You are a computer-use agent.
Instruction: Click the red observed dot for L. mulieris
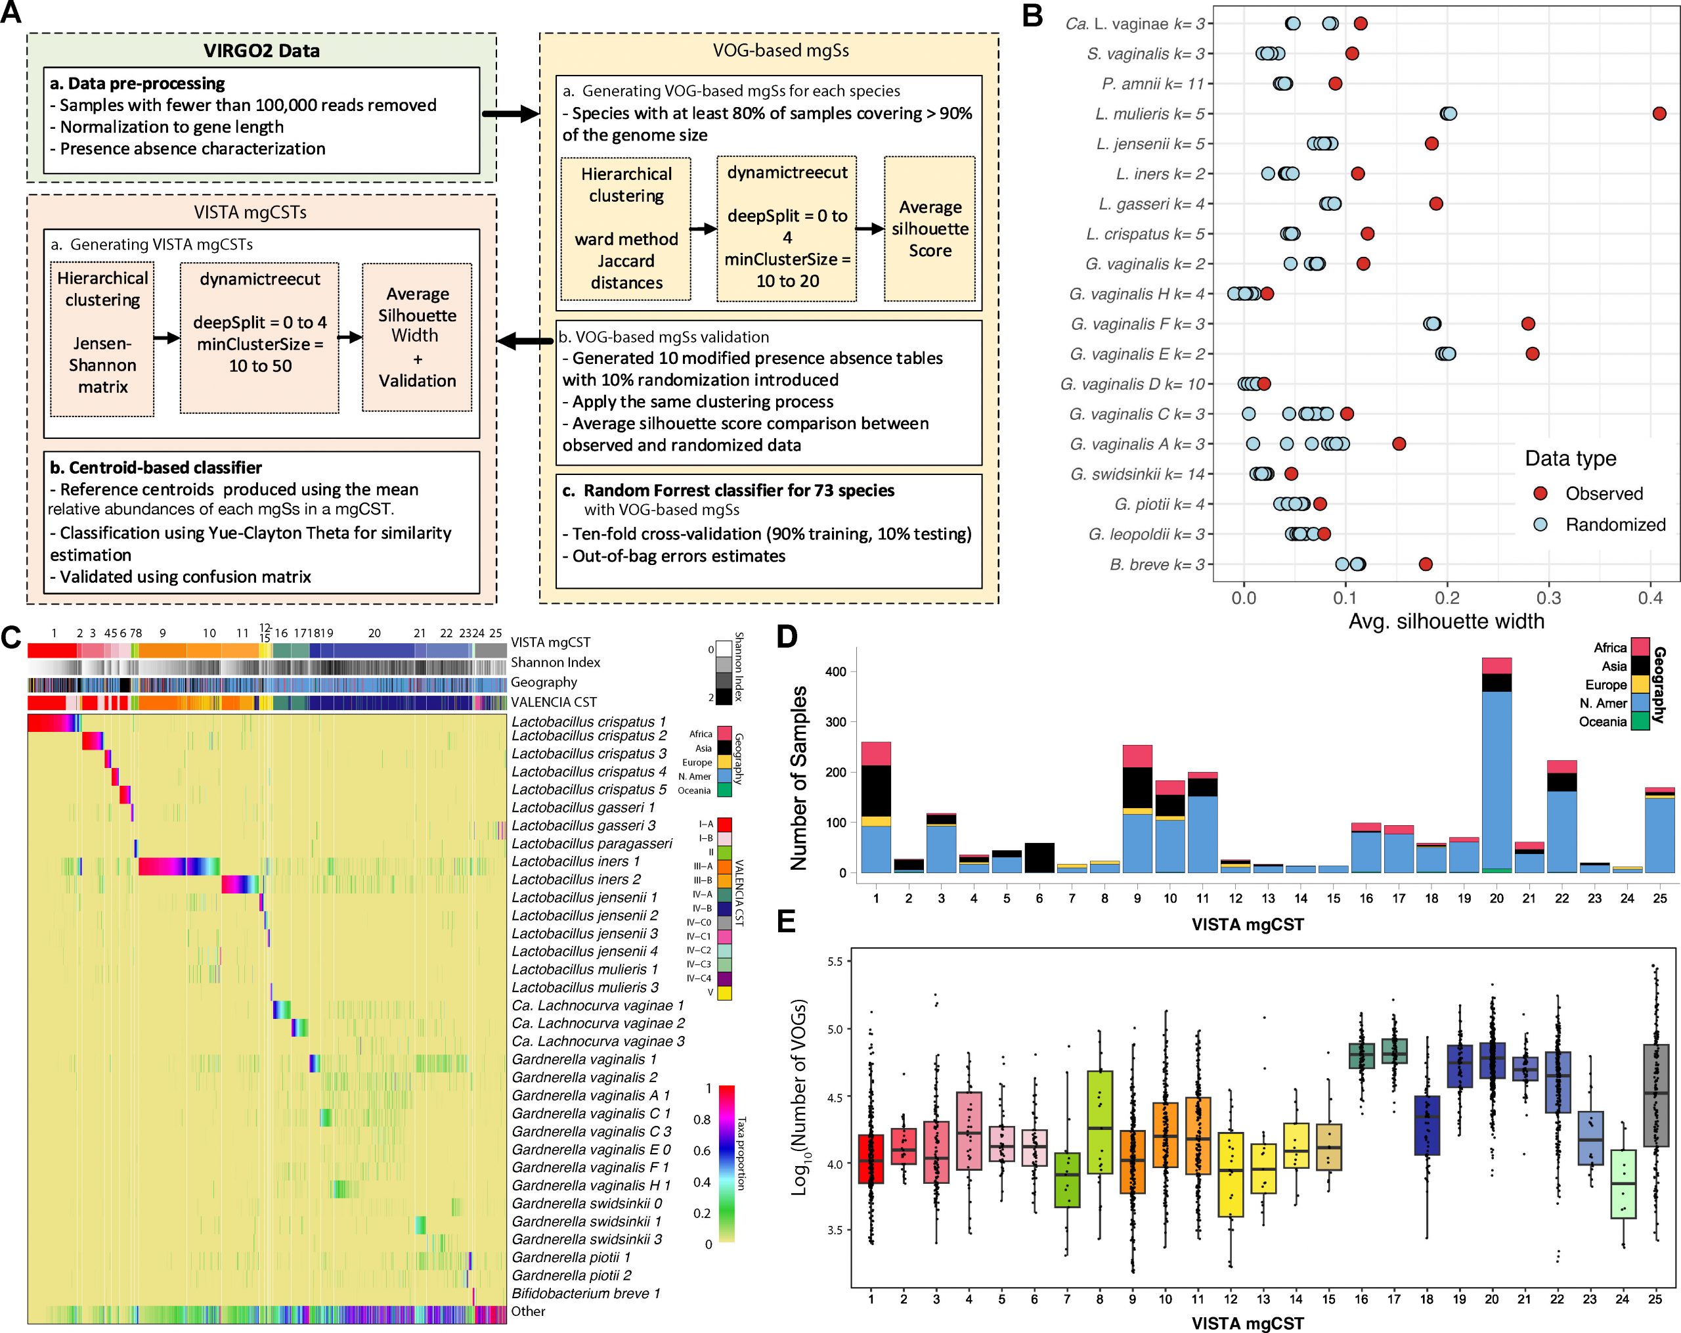[x=1659, y=114]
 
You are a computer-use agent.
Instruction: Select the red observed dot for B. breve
[x=1426, y=564]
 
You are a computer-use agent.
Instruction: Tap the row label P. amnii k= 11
[x=1153, y=83]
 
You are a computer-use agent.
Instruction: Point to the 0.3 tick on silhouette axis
[x=1548, y=599]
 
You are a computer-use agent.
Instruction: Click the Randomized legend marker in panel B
[x=1540, y=525]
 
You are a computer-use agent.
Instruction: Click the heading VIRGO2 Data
[x=261, y=51]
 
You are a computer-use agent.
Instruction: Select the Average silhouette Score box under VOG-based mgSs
[x=929, y=229]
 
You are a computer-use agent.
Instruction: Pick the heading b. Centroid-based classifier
[x=156, y=467]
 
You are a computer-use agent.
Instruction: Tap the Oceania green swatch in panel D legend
[x=1640, y=721]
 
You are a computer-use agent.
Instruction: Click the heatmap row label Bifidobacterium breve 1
[x=585, y=1293]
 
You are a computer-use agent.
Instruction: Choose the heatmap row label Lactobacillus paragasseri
[x=591, y=843]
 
